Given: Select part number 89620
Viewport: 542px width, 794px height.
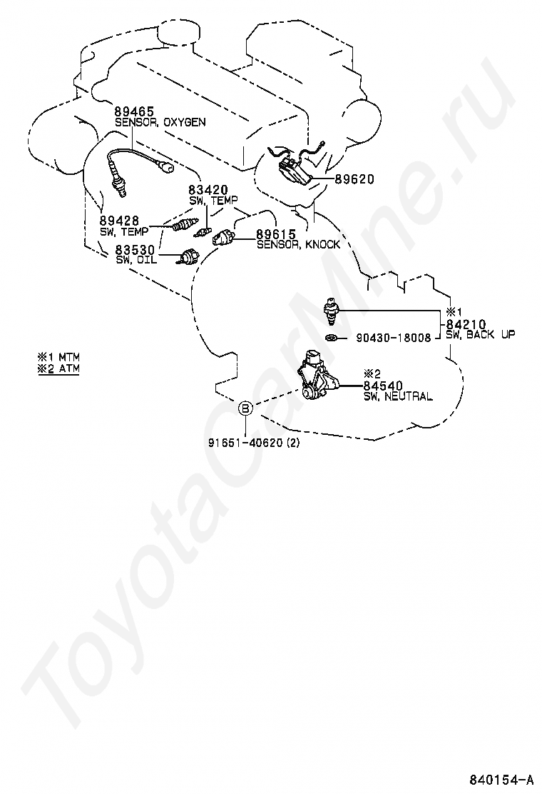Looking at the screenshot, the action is (x=354, y=180).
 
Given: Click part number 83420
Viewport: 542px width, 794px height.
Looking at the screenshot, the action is (x=208, y=190).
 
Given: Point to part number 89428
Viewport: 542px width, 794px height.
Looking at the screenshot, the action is (x=119, y=221).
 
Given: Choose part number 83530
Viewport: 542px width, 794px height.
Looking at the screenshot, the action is (x=135, y=249).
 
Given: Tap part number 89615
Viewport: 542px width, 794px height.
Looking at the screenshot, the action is (x=275, y=234).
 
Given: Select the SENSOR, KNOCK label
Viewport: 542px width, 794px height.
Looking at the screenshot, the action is (x=298, y=244).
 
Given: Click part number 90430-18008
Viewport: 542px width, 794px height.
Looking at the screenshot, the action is (x=393, y=338).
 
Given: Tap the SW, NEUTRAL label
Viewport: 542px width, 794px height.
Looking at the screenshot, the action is (x=397, y=396).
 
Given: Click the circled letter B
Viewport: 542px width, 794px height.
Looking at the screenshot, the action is (x=245, y=408).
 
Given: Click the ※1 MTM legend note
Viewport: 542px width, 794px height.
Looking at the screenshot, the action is (x=58, y=356).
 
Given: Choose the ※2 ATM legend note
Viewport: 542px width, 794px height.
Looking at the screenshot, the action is (x=58, y=368).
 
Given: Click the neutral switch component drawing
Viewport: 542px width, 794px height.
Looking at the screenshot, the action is (x=319, y=376).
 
